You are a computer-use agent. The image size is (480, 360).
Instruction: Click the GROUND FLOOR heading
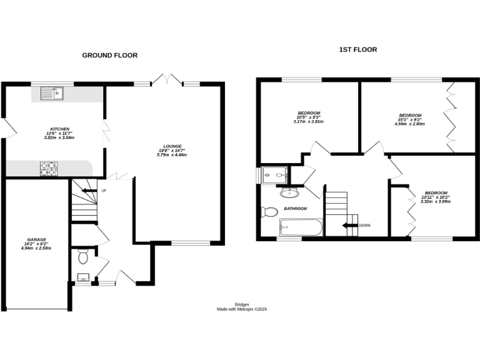pyautogui.click(x=110, y=56)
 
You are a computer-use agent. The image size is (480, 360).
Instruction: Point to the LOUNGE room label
pyautogui.click(x=171, y=146)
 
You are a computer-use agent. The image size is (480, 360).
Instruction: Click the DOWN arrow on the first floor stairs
pyautogui.click(x=349, y=225)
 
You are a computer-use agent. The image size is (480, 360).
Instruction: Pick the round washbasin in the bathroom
pyautogui.click(x=289, y=192)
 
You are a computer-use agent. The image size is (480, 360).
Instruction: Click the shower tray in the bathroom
pyautogui.click(x=275, y=176)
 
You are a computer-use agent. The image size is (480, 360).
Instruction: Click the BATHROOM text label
pyautogui.click(x=296, y=208)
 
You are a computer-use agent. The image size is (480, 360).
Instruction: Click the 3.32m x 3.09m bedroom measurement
pyautogui.click(x=436, y=201)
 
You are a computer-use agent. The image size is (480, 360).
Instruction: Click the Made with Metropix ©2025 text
pyautogui.click(x=241, y=309)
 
